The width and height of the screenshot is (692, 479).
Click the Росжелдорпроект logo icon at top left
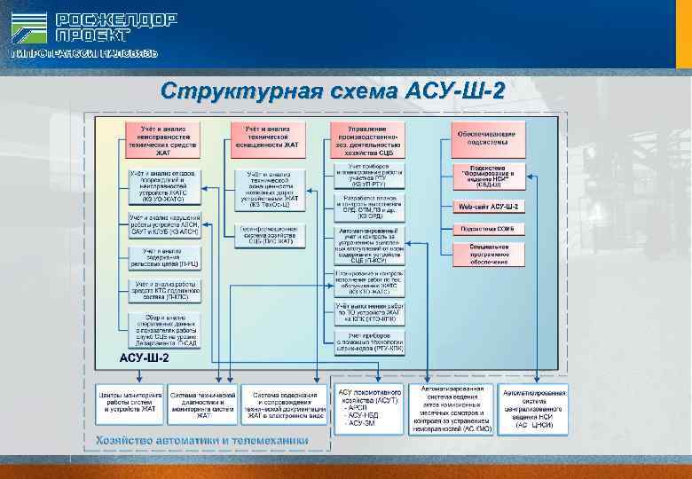(x=29, y=28)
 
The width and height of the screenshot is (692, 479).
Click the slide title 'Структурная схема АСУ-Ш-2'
(x=333, y=91)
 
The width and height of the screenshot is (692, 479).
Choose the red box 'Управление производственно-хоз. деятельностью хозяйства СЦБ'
(x=367, y=140)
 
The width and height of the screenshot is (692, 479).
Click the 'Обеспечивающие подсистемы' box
(x=489, y=137)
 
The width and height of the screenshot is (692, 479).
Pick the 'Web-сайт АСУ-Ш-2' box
(x=489, y=206)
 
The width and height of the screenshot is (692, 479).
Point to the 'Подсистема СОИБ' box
(x=489, y=228)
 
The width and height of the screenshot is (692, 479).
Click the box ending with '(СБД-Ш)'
(x=489, y=175)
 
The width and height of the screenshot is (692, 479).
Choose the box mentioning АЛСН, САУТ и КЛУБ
(x=164, y=224)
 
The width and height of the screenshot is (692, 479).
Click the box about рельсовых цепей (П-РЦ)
(x=164, y=258)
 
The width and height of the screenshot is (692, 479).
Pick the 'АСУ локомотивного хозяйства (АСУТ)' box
(x=369, y=409)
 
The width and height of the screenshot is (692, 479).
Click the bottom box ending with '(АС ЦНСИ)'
(x=530, y=409)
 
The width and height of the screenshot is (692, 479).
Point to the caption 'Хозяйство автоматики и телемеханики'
(x=202, y=439)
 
